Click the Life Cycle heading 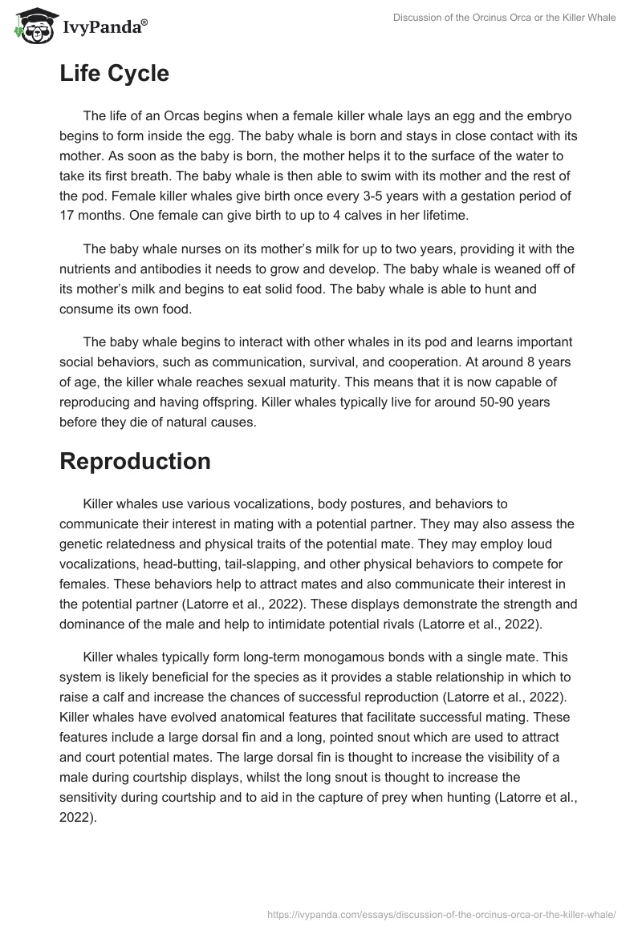click(x=114, y=74)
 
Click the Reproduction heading click(x=135, y=461)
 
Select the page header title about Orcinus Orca click(x=505, y=18)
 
